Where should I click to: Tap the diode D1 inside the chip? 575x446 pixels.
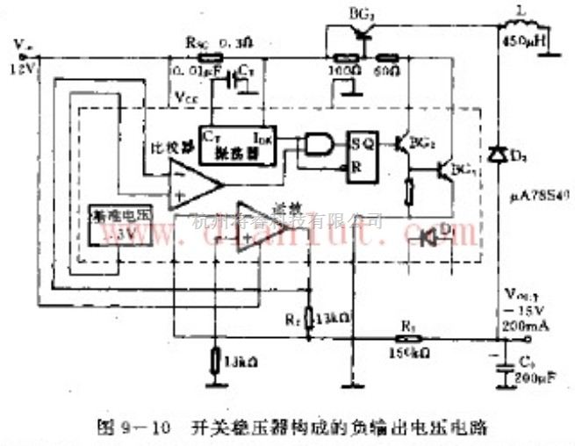click(431, 237)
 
